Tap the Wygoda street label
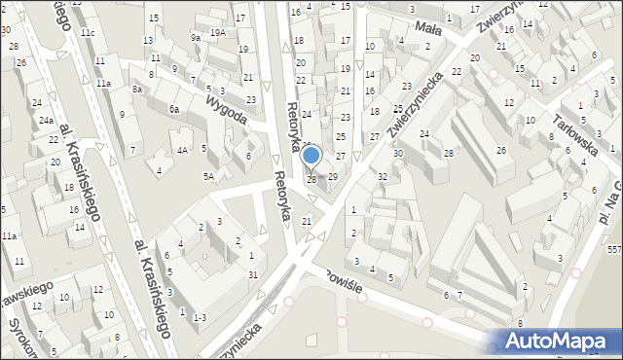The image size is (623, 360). tap(227, 106)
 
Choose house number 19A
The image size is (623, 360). tap(219, 32)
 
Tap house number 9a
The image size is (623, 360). tap(196, 37)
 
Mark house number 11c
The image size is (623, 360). tap(89, 33)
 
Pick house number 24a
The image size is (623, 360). tap(47, 121)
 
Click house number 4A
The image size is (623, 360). tap(182, 150)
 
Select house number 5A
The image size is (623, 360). tap(208, 176)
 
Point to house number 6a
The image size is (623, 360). tap(174, 110)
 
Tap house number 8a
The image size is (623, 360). tap(139, 89)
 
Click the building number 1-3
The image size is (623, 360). tap(200, 317)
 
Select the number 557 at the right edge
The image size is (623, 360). tap(614, 250)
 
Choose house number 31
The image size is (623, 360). tap(253, 274)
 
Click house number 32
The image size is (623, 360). tap(383, 176)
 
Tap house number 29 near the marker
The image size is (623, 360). tap(333, 176)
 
